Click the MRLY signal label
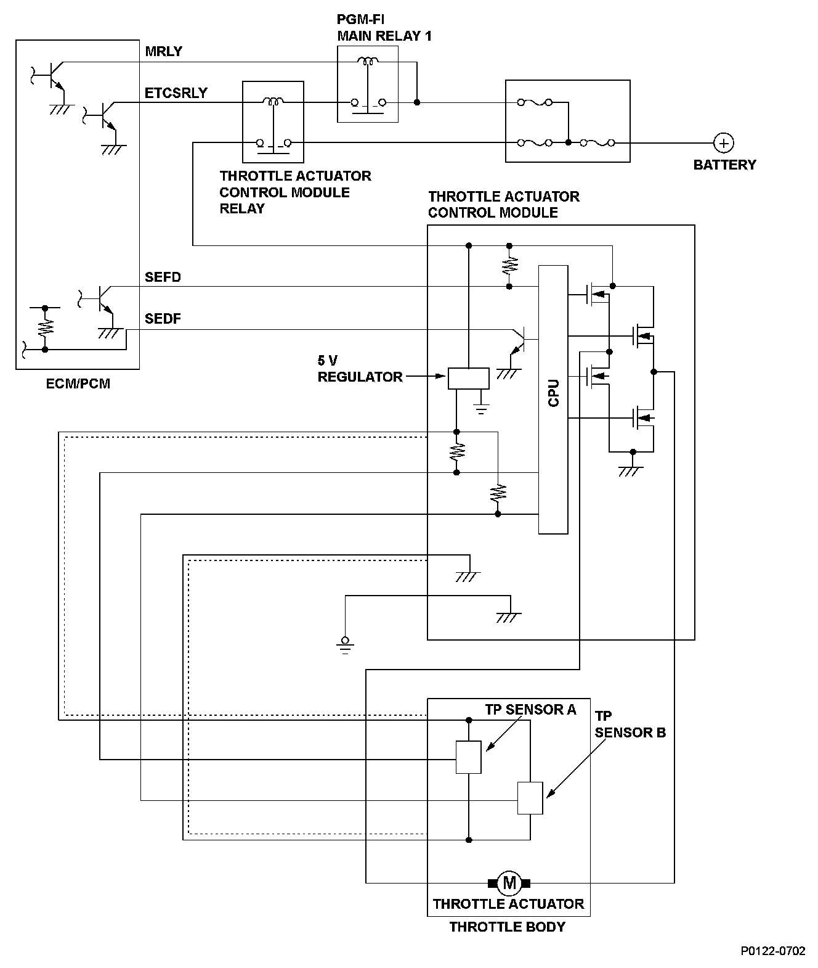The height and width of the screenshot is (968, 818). [164, 52]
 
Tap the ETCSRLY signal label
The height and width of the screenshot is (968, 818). [176, 93]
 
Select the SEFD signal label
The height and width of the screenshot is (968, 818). [163, 277]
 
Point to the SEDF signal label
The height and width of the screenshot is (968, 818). [163, 319]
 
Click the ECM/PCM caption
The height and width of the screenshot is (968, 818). [78, 384]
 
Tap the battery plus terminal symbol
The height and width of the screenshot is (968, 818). [724, 143]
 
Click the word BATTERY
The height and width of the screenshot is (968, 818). [724, 165]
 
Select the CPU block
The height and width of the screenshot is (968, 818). [553, 400]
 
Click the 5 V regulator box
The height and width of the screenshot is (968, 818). [468, 378]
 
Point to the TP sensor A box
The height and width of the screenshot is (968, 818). [468, 757]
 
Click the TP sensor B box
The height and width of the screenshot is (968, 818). [530, 798]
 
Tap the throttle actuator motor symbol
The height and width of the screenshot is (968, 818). [509, 882]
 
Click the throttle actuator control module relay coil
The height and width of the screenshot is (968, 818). [273, 100]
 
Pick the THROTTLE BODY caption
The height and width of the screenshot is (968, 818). [507, 927]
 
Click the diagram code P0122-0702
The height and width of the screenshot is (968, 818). [773, 951]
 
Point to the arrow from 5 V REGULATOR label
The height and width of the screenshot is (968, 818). [425, 375]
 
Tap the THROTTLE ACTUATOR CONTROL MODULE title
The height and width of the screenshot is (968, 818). [503, 205]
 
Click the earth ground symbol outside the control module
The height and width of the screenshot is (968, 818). [345, 644]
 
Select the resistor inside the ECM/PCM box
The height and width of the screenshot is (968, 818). [44, 327]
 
